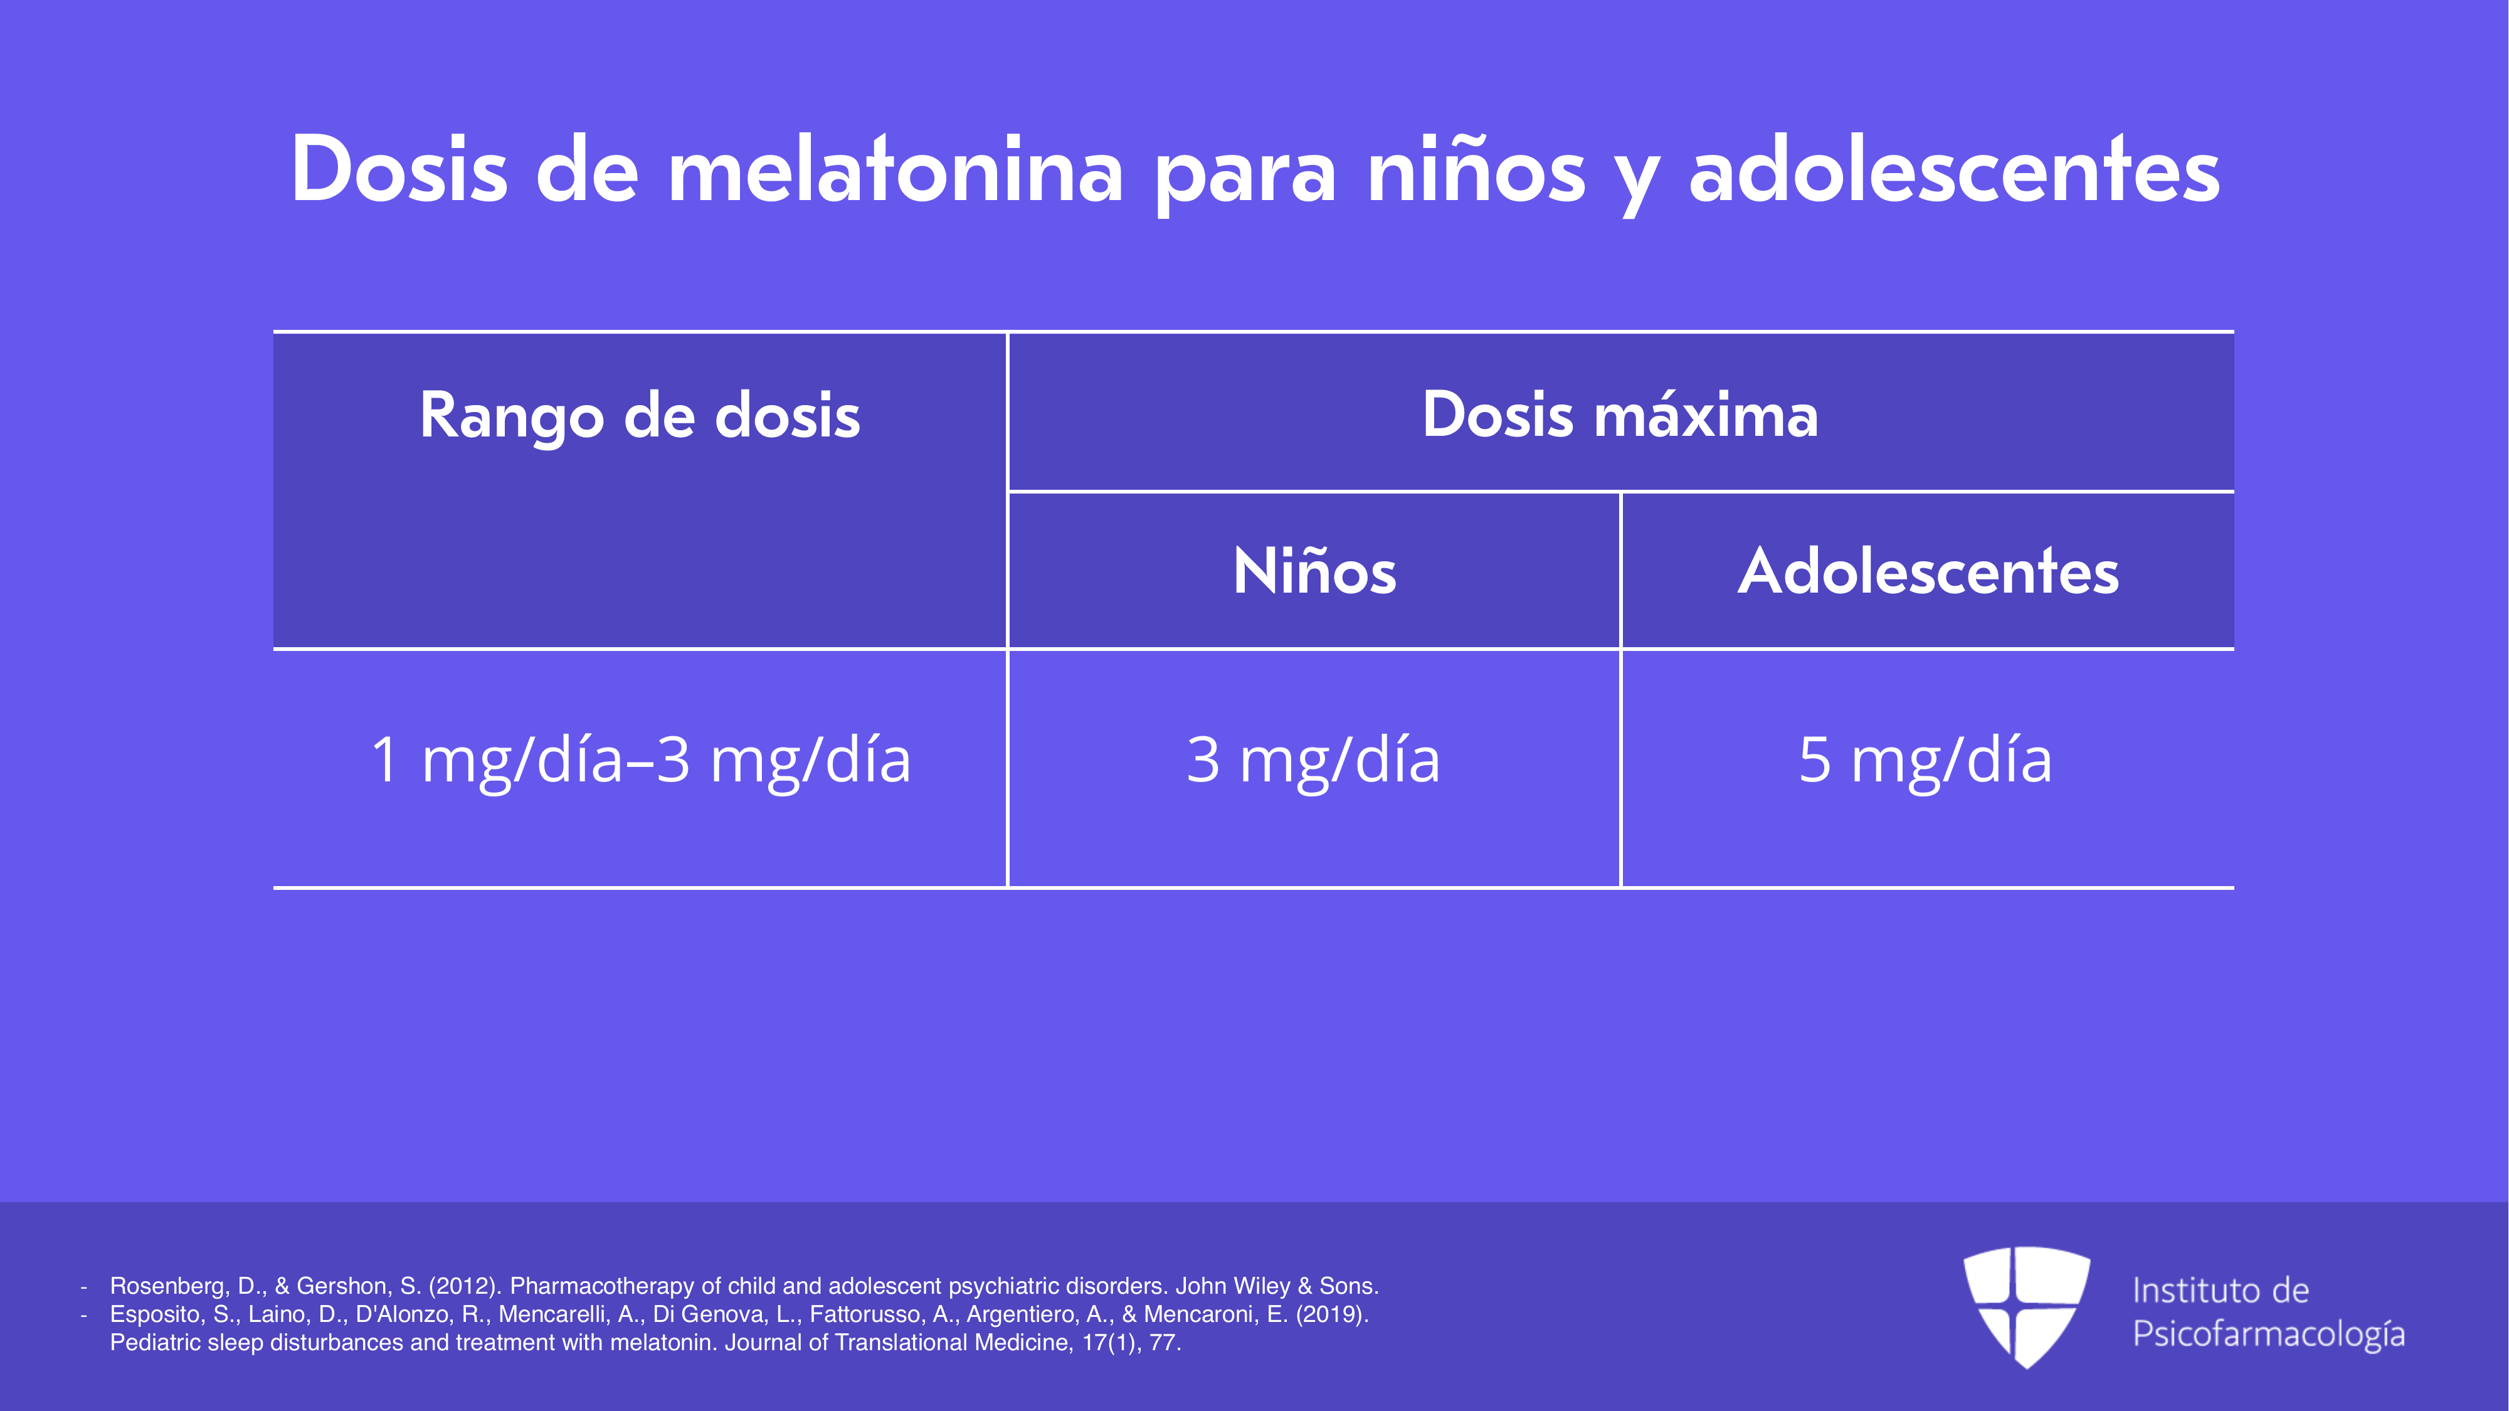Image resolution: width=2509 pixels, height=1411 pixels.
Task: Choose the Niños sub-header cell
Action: pos(1314,571)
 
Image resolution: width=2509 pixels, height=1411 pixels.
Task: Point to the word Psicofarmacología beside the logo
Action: pos(2268,1334)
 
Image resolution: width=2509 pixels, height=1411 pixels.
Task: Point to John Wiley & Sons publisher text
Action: pos(1277,1286)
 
